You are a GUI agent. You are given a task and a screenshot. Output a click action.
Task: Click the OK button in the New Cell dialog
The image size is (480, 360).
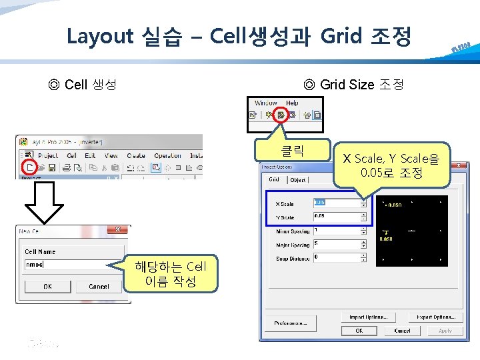click(x=47, y=286)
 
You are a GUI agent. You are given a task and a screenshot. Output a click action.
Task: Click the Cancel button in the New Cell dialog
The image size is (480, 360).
click(x=99, y=286)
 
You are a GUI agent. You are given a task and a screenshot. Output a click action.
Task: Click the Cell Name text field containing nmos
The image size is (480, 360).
click(x=63, y=264)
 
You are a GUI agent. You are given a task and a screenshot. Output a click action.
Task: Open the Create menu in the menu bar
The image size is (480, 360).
click(x=135, y=155)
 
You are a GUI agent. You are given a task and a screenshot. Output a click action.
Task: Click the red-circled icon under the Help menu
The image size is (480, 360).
click(x=281, y=115)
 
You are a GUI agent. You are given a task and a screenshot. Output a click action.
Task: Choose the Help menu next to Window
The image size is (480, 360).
click(x=292, y=103)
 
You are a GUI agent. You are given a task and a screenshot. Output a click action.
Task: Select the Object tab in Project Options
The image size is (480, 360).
click(x=297, y=180)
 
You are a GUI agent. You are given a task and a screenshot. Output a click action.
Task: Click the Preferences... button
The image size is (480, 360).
click(x=290, y=323)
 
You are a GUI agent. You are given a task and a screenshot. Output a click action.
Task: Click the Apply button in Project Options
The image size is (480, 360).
click(x=445, y=331)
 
